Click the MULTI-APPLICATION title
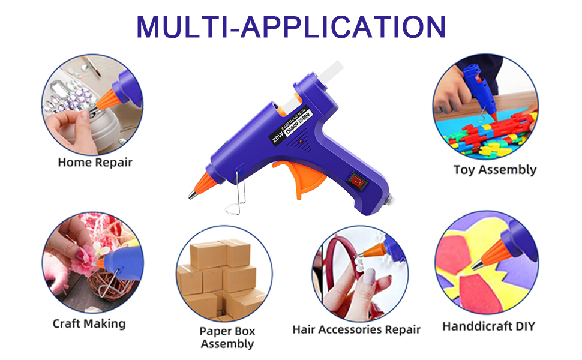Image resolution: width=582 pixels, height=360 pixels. coord(291,27)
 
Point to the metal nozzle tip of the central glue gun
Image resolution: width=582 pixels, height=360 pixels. coord(193,194)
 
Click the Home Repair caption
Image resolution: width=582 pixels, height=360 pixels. coord(95,162)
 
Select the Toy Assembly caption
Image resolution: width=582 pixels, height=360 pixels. coord(494,169)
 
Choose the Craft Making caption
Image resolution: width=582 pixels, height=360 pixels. coord(89,323)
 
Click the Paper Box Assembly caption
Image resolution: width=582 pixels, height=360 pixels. coord(227,337)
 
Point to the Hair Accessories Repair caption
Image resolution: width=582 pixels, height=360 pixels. coord(356,329)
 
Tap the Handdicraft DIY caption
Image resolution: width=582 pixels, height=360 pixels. coord(488,326)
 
